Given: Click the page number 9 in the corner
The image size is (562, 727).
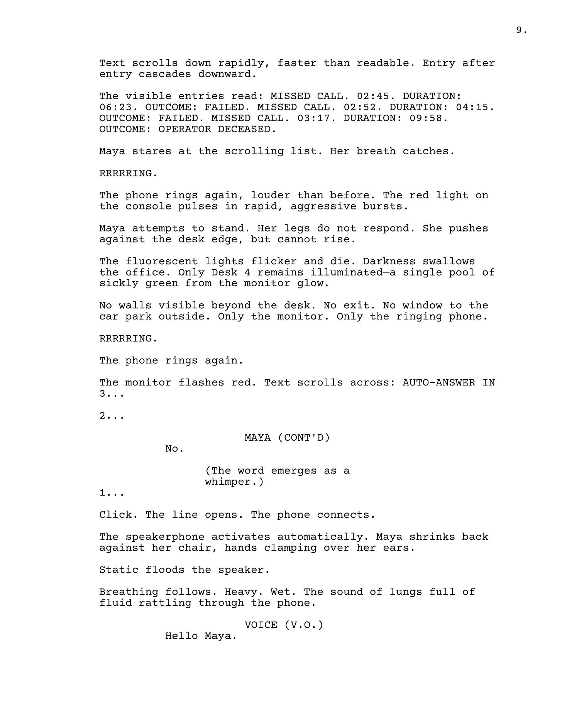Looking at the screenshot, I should pos(521,30).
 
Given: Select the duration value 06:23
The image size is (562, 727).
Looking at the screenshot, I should pos(115,107).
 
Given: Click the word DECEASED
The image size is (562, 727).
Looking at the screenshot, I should pos(247,129).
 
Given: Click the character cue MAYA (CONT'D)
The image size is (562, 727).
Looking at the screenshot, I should pos(287,438).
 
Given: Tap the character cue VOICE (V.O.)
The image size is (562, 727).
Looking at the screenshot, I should pos(284,625).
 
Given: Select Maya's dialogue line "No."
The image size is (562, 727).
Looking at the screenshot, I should pos(175,449).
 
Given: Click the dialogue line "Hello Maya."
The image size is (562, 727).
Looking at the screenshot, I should pos(201,636).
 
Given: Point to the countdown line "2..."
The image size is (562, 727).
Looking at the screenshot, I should pos(112,416).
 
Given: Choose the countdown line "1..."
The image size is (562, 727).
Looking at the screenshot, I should pos(112,493).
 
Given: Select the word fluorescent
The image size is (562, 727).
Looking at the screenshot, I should pos(162,261).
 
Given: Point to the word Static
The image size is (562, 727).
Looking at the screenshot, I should pos(119,570).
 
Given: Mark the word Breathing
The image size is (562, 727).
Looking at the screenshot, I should pos(129,592).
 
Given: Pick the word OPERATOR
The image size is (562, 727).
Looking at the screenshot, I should pos(185,129).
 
